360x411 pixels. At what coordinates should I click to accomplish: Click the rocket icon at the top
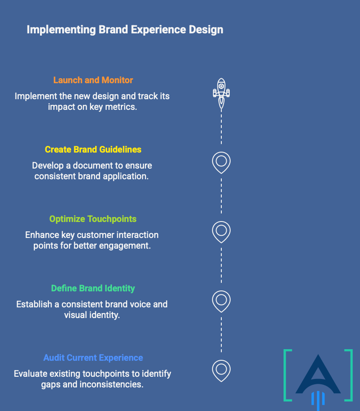pyautogui.click(x=221, y=92)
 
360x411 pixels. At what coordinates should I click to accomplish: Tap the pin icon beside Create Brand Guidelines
pyautogui.click(x=221, y=162)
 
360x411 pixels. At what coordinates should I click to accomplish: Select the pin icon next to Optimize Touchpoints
pyautogui.click(x=221, y=231)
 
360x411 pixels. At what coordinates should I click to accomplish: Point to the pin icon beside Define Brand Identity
pyautogui.click(x=221, y=301)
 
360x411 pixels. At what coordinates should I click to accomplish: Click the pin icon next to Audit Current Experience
pyautogui.click(x=221, y=370)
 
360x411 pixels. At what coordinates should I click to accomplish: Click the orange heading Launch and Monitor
pyautogui.click(x=93, y=80)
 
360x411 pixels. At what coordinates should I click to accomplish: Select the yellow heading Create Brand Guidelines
pyautogui.click(x=93, y=149)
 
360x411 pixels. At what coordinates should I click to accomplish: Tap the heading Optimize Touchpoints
pyautogui.click(x=93, y=219)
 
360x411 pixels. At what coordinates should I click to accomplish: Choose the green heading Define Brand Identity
pyautogui.click(x=93, y=288)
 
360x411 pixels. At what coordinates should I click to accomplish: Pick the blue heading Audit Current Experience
pyautogui.click(x=93, y=358)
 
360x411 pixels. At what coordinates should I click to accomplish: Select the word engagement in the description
pyautogui.click(x=124, y=246)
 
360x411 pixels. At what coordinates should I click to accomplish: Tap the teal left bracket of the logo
pyautogui.click(x=288, y=375)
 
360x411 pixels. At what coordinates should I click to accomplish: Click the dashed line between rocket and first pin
pyautogui.click(x=221, y=127)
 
